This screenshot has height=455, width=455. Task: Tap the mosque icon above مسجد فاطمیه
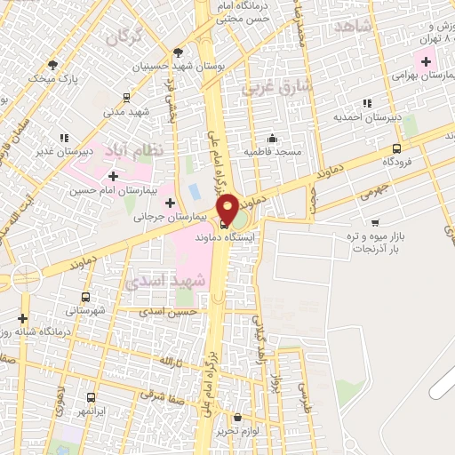pyautogui.click(x=272, y=138)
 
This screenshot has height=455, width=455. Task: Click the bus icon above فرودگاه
pyautogui.click(x=395, y=148)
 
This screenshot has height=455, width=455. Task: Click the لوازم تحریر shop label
pyautogui.click(x=235, y=431)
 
